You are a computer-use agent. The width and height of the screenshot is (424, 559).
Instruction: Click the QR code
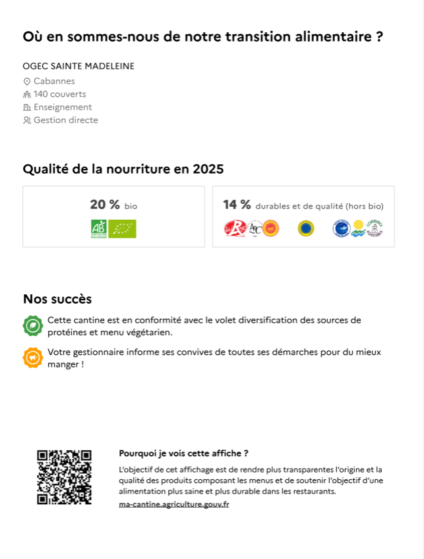click(x=64, y=477)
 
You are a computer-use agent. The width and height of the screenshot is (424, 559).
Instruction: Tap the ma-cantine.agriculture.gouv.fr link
click(x=174, y=504)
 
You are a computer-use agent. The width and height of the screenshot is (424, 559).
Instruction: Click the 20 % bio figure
click(x=113, y=205)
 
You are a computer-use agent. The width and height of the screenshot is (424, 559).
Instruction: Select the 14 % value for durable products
click(x=237, y=205)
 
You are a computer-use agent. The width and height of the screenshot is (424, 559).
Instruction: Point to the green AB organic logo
click(x=98, y=228)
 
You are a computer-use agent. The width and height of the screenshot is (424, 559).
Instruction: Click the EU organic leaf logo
click(x=122, y=228)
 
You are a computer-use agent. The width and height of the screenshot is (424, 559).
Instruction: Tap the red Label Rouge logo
click(x=234, y=228)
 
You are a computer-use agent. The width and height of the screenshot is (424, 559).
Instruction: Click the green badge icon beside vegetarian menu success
click(x=32, y=325)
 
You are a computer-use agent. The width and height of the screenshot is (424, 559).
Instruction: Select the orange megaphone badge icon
click(x=32, y=357)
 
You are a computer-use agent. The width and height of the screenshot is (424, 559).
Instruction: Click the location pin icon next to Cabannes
click(x=27, y=81)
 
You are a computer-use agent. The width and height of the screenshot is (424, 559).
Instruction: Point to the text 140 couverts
click(x=60, y=94)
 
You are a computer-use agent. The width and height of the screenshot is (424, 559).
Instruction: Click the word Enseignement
click(x=63, y=107)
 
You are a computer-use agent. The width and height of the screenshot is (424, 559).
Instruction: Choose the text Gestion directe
click(x=66, y=120)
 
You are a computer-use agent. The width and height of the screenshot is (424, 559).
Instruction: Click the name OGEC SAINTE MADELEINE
click(x=78, y=66)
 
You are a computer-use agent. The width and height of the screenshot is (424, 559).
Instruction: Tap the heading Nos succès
click(x=57, y=299)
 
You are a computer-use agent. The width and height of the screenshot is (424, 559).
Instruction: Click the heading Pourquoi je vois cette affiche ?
click(x=183, y=453)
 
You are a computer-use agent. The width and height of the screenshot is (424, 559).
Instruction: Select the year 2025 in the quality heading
click(x=208, y=169)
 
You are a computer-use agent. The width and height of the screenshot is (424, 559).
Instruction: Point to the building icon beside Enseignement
click(x=27, y=108)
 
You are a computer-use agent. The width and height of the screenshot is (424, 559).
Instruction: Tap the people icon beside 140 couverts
click(x=27, y=94)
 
